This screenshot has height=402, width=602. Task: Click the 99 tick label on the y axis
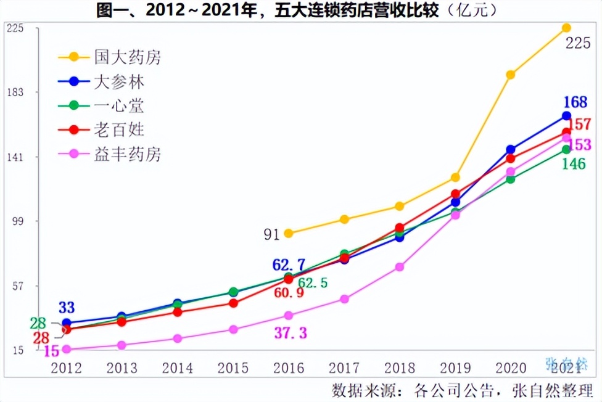point(15,221)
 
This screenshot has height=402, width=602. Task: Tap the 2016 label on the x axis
point(289,368)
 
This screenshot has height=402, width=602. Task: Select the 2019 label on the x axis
point(455,368)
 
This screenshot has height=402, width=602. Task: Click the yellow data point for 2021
point(566,28)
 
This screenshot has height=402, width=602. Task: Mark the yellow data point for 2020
point(511,75)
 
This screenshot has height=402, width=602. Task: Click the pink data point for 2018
point(400,267)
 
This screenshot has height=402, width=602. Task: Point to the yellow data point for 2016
point(289,233)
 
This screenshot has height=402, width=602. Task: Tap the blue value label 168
point(574,102)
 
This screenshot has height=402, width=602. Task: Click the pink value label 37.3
point(290,333)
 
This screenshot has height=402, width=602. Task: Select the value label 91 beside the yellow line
point(272,234)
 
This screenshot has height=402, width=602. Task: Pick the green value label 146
point(574,164)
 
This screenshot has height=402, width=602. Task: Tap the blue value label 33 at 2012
point(67,307)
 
